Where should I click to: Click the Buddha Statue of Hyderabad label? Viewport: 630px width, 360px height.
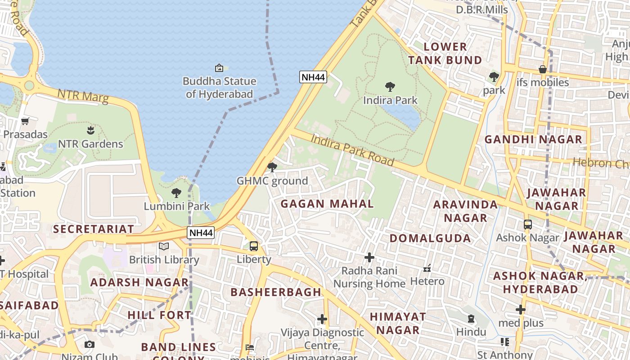coord(219,88)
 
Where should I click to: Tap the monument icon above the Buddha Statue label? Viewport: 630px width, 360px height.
coord(219,68)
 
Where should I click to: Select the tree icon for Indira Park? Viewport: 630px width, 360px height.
coord(390,86)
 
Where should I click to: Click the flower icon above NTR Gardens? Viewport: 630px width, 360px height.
coord(90,130)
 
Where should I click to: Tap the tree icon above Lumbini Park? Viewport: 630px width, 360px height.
coord(176,193)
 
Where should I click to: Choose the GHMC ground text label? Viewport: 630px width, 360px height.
coord(272,181)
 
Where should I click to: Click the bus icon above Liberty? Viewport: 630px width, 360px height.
coord(254,246)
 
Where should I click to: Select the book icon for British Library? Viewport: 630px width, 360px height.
coord(164,246)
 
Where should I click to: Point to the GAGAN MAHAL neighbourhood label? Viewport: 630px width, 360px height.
coord(327,203)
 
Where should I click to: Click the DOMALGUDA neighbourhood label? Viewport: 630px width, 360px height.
coord(430,238)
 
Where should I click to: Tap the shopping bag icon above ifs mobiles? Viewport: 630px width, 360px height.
coord(543,69)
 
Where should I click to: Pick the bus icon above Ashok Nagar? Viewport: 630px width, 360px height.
coord(527,224)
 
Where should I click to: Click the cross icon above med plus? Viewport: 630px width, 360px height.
coord(521,310)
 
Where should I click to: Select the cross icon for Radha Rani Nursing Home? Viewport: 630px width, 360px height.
coord(369,257)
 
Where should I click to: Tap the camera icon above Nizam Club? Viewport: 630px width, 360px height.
coord(90,345)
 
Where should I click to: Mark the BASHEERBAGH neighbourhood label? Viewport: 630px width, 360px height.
coord(276,292)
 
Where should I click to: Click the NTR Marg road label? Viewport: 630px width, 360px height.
coord(83,96)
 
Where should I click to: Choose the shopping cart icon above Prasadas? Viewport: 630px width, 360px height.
coord(25,121)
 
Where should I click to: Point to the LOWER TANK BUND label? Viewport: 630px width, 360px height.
coord(445,53)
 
